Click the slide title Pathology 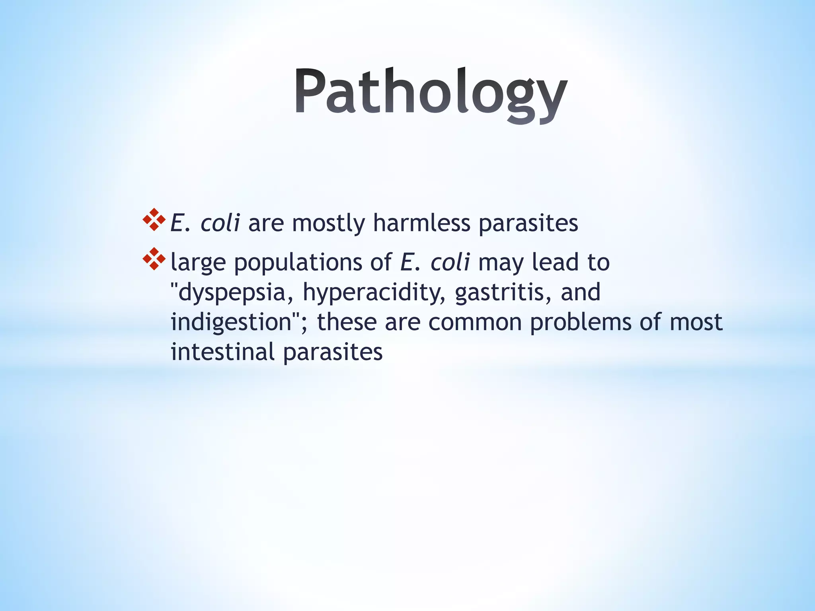tap(431, 92)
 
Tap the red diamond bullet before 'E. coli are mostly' tap(154, 220)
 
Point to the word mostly tap(328, 224)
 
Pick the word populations tap(298, 263)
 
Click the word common tap(475, 322)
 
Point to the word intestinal tap(222, 352)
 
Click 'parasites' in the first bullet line tap(528, 224)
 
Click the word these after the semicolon tap(346, 322)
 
